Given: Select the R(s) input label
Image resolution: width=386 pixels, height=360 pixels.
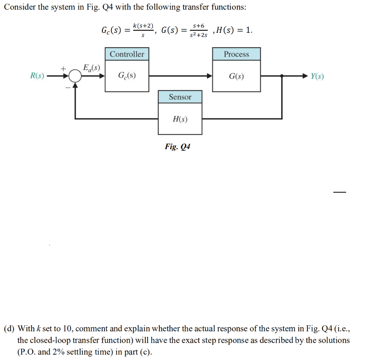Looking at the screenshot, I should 37,76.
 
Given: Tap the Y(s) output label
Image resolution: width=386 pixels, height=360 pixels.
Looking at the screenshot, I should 317,77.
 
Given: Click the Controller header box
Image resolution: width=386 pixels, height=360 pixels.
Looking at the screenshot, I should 127,54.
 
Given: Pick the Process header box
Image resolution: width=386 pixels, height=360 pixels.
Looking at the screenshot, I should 236,54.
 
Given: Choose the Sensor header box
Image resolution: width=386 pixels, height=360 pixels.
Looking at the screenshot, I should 180,97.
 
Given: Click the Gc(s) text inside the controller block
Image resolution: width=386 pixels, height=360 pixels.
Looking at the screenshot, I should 127,76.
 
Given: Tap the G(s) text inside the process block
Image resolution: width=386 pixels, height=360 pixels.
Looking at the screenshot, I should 236,77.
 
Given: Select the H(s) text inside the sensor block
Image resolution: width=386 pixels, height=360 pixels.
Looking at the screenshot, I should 180,119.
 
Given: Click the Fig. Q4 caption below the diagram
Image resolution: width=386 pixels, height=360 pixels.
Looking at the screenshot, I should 177,147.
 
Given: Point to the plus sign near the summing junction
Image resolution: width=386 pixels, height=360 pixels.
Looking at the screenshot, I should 64,69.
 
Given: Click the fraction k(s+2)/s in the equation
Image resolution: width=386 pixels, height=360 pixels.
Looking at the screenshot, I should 143,30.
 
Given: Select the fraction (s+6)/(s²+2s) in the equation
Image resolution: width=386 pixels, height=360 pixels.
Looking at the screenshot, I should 198,30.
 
